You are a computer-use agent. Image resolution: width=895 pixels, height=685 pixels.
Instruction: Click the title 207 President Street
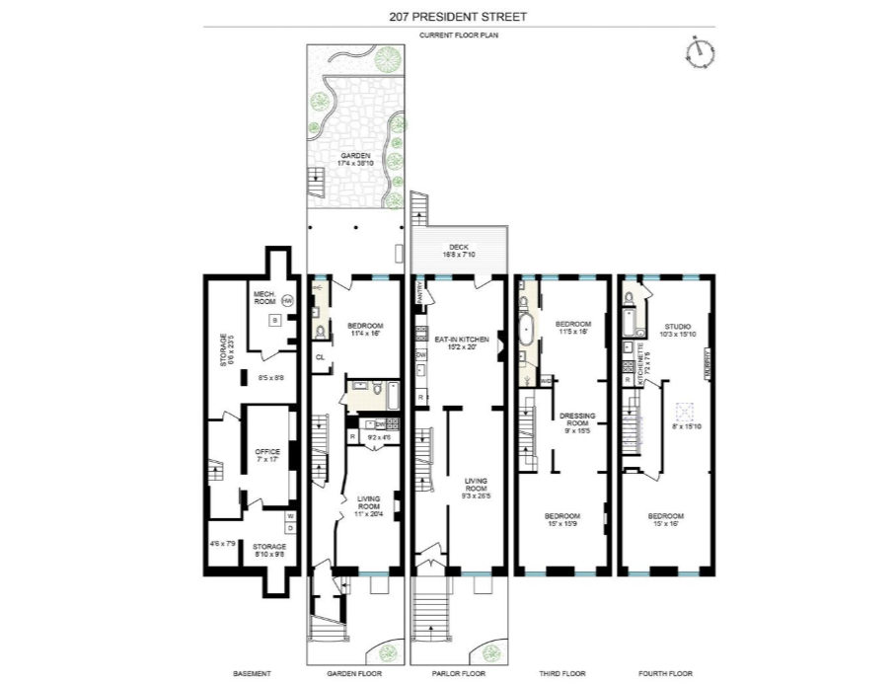click(447, 15)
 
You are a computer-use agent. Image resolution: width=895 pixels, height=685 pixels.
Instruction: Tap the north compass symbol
click(701, 50)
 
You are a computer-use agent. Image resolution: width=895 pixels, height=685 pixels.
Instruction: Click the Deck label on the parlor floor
click(459, 247)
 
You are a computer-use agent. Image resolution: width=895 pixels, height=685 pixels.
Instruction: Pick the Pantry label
click(419, 292)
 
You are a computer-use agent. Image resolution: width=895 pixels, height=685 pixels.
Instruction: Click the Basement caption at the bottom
click(252, 673)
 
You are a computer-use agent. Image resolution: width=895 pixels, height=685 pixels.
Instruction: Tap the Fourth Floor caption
click(667, 673)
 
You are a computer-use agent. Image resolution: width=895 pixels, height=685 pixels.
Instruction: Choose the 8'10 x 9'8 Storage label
click(268, 550)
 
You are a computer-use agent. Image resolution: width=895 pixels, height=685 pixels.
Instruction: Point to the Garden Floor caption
click(355, 673)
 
